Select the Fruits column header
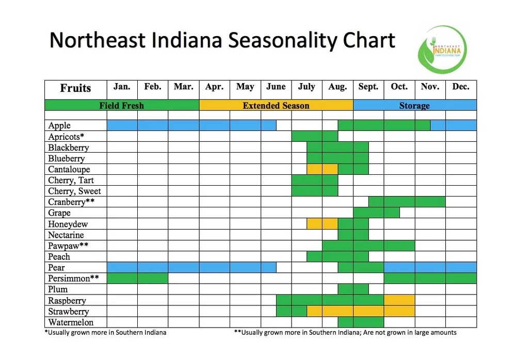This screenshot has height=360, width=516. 75,88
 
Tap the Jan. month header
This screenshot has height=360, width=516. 122,87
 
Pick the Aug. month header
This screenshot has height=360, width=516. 337,87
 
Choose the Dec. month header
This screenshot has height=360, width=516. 461,87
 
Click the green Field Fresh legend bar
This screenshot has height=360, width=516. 122,106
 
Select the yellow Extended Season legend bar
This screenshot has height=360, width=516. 276,106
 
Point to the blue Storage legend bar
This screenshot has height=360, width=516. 414,106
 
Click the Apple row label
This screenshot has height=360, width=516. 59,126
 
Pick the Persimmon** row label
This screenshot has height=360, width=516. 73,279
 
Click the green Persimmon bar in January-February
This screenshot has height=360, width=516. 137,279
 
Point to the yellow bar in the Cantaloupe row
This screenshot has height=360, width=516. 322,169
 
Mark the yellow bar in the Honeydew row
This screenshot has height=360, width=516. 322,224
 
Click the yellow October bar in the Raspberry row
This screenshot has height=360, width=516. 399,300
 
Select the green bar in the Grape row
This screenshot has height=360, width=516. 376,212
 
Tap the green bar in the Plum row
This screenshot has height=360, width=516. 353,289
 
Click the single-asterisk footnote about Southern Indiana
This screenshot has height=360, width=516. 106,333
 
